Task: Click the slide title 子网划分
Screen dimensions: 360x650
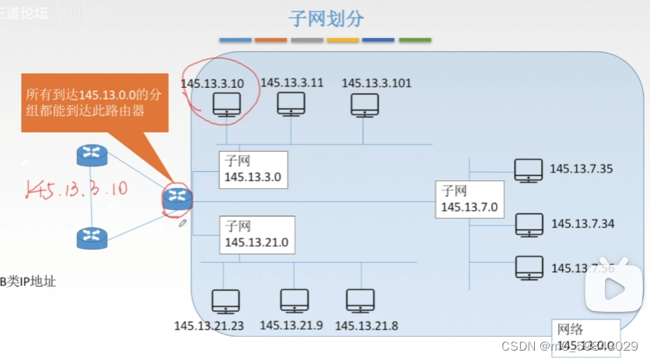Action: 326,19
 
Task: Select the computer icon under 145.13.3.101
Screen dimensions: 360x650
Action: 364,105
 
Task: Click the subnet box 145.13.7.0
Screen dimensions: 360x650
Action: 470,199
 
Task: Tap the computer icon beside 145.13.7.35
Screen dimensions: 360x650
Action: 529,170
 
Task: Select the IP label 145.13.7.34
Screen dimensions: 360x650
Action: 583,224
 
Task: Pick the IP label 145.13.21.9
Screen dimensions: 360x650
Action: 292,326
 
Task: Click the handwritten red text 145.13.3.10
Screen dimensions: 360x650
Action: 75,189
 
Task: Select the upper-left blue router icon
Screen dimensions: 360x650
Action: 90,156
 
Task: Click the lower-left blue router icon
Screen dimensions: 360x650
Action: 90,237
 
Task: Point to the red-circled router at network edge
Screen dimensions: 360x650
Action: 176,199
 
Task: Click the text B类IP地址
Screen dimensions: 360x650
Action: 28,282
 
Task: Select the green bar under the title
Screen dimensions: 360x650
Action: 414,39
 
